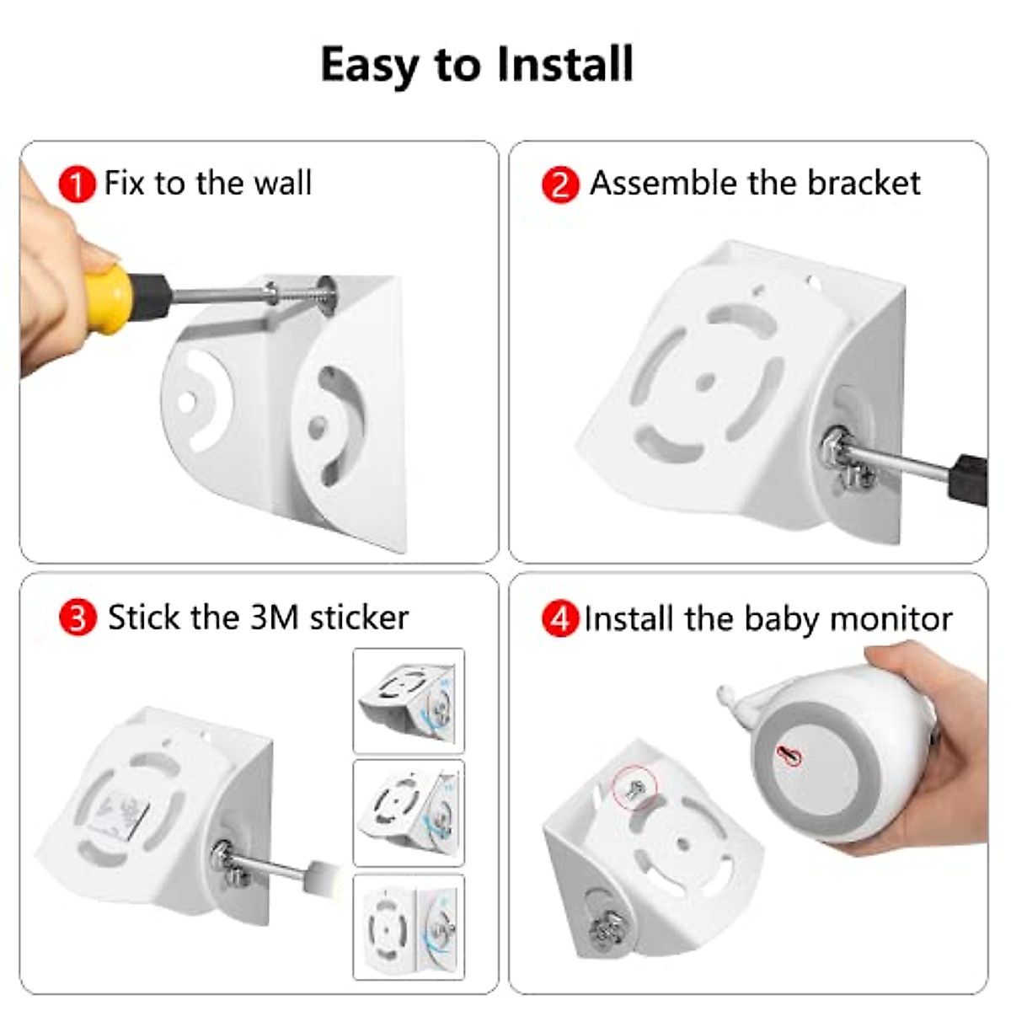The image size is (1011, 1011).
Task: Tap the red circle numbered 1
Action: pos(77,185)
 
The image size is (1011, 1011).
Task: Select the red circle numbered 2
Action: pos(560,185)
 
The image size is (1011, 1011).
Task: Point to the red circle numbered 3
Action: pos(78,618)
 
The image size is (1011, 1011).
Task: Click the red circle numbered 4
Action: pos(560,619)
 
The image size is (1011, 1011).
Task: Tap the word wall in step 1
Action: pos(281,183)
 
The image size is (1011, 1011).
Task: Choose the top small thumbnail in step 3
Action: pos(409,700)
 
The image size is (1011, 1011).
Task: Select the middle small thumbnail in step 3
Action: pos(409,813)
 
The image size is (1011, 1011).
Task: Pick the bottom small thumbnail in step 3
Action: pos(409,927)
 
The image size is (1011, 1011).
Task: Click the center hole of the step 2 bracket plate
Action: pos(706,382)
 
